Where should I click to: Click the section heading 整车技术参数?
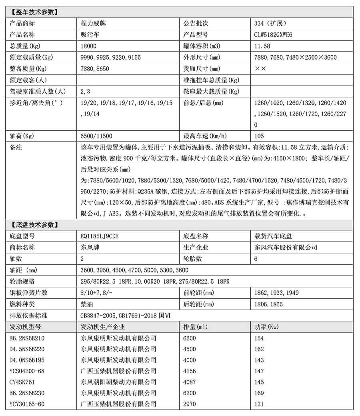pyautogui.click(x=34, y=12)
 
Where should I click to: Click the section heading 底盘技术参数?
pyautogui.click(x=34, y=225)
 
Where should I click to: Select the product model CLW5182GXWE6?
pyautogui.click(x=273, y=35)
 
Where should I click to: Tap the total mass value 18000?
pyautogui.click(x=88, y=46)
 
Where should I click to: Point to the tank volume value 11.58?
pyautogui.click(x=262, y=46)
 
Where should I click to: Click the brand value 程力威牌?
pyautogui.click(x=93, y=23)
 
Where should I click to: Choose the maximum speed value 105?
pyautogui.click(x=259, y=136)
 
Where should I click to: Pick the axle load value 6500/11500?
pyautogui.click(x=96, y=136)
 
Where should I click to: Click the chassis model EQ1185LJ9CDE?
pyautogui.click(x=100, y=236)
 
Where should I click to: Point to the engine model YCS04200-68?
pyautogui.click(x=27, y=371)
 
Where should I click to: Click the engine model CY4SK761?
pyautogui.click(x=22, y=382)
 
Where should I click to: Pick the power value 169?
pyautogui.click(x=259, y=393)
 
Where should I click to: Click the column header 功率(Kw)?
pyautogui.click(x=266, y=327)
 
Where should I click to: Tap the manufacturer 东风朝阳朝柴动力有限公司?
pyautogui.click(x=118, y=382)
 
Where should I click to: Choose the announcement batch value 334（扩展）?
pyautogui.click(x=270, y=23)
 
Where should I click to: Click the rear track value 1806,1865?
pyautogui.click(x=268, y=304)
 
